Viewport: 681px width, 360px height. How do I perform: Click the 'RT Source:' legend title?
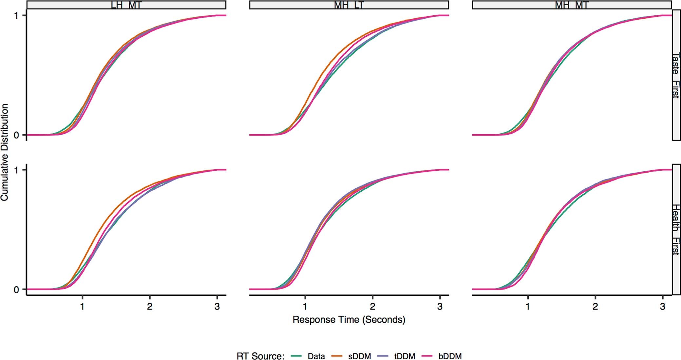260,356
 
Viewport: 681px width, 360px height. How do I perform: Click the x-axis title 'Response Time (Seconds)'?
349,319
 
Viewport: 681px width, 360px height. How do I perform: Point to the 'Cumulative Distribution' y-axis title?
5,152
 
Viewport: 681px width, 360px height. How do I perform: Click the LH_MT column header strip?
126,5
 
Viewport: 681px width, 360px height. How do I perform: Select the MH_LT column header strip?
349,5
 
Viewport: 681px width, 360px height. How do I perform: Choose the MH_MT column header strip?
572,5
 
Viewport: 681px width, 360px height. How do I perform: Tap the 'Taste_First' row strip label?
676,75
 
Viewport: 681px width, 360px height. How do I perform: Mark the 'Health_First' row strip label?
676,229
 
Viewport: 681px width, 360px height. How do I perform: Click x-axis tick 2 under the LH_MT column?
150,307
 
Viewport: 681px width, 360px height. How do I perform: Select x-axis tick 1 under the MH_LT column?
305,307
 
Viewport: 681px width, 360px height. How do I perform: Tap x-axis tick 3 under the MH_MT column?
663,307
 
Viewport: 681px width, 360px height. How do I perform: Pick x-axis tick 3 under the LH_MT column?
217,307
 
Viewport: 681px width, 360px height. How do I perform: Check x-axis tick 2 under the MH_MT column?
595,307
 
